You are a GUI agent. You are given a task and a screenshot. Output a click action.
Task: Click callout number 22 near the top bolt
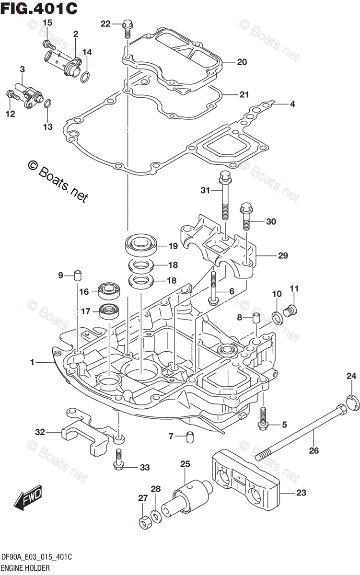point(105,23)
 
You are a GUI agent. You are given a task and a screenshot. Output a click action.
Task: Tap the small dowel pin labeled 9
point(77,275)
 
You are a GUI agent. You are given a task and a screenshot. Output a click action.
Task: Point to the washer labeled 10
point(277,317)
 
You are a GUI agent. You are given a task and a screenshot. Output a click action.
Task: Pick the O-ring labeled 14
point(84,76)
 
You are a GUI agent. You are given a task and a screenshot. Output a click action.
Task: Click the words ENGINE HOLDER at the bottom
point(24,567)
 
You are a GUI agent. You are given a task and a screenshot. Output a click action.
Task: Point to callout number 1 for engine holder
point(33,363)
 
